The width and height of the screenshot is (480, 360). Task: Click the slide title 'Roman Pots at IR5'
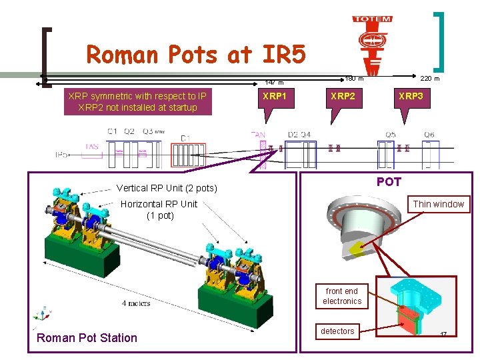[x=196, y=55]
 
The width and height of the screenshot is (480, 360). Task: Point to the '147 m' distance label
[x=275, y=83]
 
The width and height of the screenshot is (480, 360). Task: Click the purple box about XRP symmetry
[x=137, y=101]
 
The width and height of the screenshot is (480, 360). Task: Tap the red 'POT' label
[x=389, y=181]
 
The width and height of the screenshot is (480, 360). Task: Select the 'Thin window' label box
[x=438, y=204]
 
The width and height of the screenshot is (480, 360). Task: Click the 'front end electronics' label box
[x=342, y=296]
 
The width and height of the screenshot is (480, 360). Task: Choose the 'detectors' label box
[x=337, y=331]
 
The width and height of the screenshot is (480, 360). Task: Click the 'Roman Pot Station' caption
[x=87, y=338]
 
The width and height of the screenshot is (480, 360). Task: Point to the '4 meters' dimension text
[x=136, y=303]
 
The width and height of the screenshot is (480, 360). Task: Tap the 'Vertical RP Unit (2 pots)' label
[x=167, y=188]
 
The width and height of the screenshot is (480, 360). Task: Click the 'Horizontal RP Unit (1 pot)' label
[x=159, y=209]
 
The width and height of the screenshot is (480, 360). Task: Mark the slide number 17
[x=443, y=335]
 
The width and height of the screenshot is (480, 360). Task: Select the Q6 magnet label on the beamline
[x=429, y=135]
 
